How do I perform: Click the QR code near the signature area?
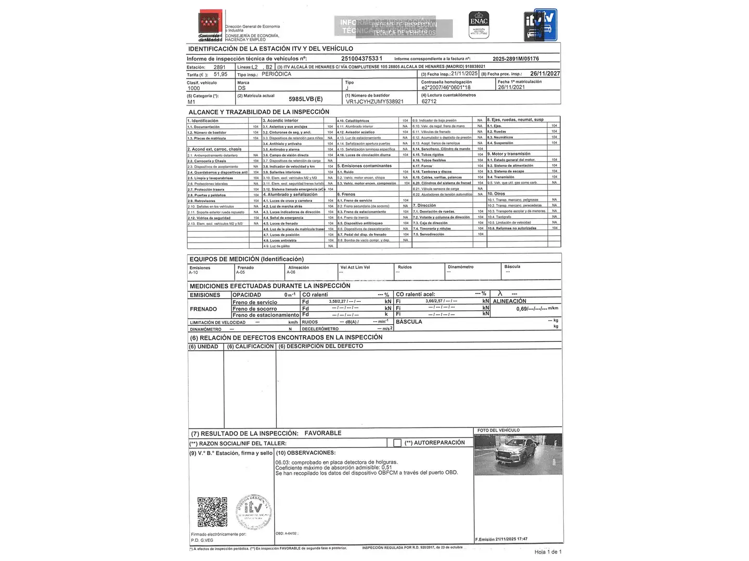pos(212,512)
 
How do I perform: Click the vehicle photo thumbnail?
pos(518,454)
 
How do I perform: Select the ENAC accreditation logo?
pos(479,24)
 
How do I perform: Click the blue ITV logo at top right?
pos(540,25)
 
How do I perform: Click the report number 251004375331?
pos(361,59)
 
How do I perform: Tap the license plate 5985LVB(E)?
pos(305,99)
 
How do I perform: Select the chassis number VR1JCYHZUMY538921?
pos(374,102)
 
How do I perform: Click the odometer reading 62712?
pos(429,102)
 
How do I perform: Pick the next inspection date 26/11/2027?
pos(545,74)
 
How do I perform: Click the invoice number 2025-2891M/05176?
pos(515,59)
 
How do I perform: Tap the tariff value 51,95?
pos(221,74)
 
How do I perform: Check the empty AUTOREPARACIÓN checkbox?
pos(397,443)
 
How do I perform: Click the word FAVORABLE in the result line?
pos(323,433)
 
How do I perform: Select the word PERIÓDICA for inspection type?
pos(276,74)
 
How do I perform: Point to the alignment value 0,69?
pos(522,309)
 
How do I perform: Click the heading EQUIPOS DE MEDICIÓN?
pos(247,259)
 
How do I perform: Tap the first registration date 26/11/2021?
pos(511,87)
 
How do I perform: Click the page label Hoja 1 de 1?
pos(548,552)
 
